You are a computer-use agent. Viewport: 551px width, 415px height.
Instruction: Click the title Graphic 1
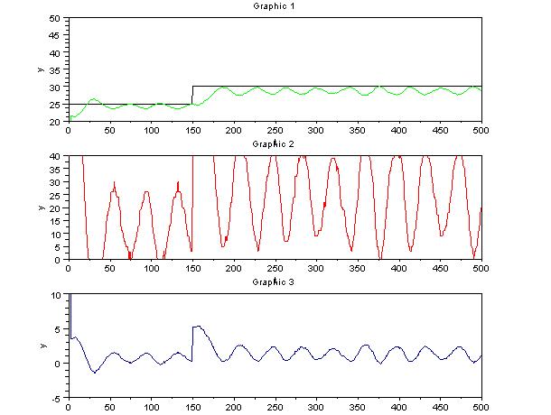tap(275, 6)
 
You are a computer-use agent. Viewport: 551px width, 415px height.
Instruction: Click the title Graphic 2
tap(275, 143)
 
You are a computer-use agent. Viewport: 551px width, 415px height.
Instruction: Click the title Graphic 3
tap(275, 282)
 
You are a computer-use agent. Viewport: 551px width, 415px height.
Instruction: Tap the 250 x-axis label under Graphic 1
tap(275, 130)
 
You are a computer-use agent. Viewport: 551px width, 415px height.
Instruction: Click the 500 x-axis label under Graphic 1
tap(481, 130)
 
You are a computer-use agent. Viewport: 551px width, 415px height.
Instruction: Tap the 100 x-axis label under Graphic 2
tap(151, 269)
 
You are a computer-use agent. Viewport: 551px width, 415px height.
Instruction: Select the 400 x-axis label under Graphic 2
tap(398, 269)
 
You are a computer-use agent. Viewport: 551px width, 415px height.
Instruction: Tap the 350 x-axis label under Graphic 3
tap(357, 407)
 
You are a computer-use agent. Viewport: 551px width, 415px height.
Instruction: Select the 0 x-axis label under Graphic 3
tap(69, 407)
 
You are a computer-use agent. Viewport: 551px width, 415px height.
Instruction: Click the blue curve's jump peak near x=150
tap(196, 327)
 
